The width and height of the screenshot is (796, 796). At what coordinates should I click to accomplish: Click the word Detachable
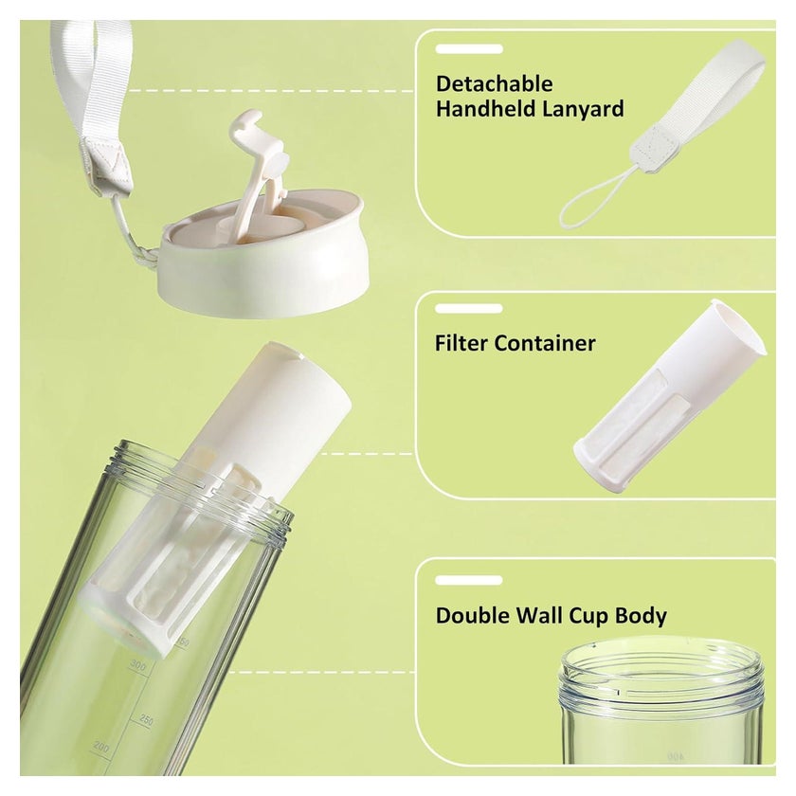494,83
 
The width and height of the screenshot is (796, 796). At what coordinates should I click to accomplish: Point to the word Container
545,343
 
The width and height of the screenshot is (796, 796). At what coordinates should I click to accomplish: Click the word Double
473,615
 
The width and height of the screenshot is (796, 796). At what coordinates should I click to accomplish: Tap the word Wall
539,615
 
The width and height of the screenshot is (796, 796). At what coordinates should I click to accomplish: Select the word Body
641,616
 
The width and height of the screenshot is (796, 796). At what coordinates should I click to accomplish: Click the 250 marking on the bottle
146,720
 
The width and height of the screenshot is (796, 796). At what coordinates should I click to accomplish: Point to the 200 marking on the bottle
101,748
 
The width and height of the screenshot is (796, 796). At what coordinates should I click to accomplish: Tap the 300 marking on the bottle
138,664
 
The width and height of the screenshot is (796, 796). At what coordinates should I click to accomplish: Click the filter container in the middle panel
670,396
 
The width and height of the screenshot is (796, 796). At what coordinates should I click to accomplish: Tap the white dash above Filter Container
469,309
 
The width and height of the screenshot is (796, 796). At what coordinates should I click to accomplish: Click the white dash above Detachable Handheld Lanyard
469,49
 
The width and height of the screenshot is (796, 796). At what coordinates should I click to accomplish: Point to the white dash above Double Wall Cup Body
469,580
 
